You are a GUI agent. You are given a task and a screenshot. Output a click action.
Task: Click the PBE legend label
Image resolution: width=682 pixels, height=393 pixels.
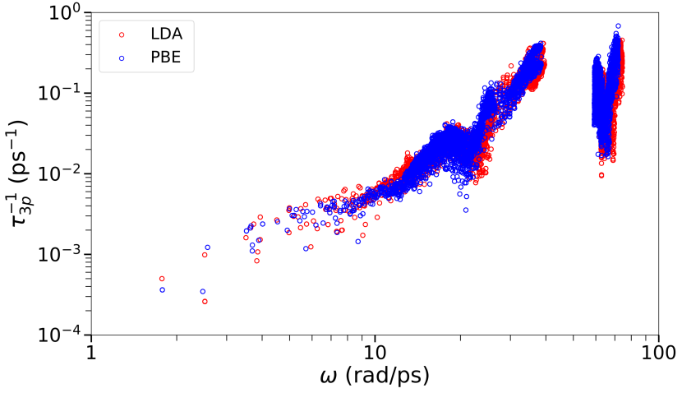(x=156, y=58)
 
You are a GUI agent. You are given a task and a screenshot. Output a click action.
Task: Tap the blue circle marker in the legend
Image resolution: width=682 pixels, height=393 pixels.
(x=122, y=58)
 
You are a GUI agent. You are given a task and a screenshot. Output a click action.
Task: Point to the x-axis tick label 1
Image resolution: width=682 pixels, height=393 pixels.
(x=90, y=354)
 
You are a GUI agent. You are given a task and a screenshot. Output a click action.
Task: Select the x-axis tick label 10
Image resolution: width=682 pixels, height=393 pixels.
(x=375, y=354)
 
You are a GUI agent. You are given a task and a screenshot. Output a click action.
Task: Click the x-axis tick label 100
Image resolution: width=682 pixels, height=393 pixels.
(x=658, y=354)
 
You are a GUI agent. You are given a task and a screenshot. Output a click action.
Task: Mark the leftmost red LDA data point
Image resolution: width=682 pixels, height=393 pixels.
(x=162, y=279)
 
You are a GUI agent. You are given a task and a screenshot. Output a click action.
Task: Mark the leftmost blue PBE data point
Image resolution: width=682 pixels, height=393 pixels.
(x=162, y=290)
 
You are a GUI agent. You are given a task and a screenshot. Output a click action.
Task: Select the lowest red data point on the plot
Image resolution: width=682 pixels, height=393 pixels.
(x=205, y=302)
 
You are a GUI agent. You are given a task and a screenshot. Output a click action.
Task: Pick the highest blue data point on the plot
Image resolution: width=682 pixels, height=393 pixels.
(x=618, y=25)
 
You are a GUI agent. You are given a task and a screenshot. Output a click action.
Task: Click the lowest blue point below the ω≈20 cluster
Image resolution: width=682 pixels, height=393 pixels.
(x=465, y=210)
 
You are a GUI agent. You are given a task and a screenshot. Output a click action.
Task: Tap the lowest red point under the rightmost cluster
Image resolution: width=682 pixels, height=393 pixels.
(x=601, y=175)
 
